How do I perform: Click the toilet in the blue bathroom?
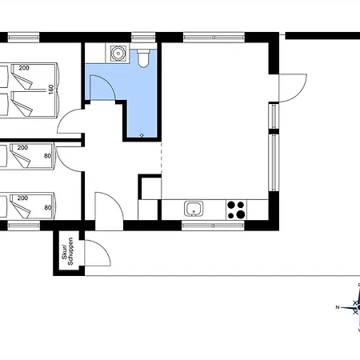tap(143, 58)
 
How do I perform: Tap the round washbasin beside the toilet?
tap(118, 53)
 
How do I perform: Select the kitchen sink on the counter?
tap(194, 209)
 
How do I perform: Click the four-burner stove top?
tap(236, 210)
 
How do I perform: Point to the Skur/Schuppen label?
tap(67, 251)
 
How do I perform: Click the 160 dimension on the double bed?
tap(51, 90)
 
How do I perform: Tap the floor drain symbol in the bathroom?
tap(142, 135)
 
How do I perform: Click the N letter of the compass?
tap(338, 307)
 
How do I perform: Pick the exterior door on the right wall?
tap(293, 88)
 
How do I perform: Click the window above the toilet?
tap(143, 38)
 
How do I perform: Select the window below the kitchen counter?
tap(213, 226)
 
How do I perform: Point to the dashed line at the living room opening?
tap(161, 158)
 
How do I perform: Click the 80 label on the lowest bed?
tap(48, 207)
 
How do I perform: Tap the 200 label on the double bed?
tap(24, 68)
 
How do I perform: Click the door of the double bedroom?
tap(70, 122)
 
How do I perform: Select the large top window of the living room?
tap(214, 38)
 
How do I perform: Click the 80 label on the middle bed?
tap(47, 156)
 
